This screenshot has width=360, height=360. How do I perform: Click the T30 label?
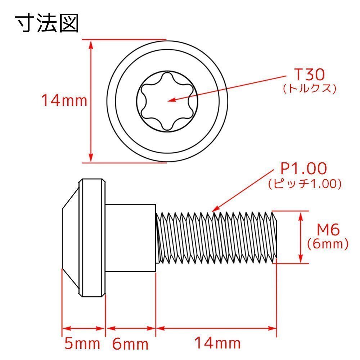click(x=310, y=75)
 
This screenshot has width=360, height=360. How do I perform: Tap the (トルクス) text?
click(x=310, y=89)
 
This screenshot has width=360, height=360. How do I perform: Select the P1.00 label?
click(x=303, y=168)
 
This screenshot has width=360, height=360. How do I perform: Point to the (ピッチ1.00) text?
click(x=305, y=184)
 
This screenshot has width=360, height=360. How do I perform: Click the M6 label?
click(x=328, y=229)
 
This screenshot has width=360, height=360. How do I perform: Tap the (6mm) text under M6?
click(x=328, y=244)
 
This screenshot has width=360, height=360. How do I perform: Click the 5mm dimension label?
click(x=82, y=344)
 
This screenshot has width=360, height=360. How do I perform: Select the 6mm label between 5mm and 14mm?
click(x=130, y=344)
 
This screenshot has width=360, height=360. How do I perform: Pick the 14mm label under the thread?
click(x=217, y=343)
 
